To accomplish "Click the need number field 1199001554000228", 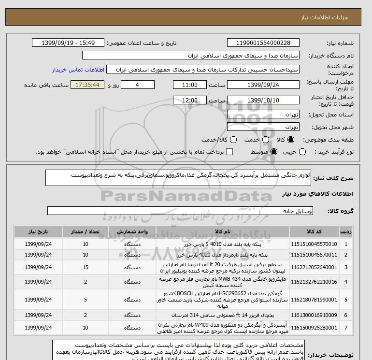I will (263, 43).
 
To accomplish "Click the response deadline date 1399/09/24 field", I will (263, 85).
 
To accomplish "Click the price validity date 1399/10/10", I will (263, 100).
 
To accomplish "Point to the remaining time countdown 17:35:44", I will (87, 85).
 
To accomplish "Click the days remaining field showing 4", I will (138, 85).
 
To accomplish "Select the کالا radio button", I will (291, 140).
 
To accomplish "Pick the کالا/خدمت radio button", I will (233, 140).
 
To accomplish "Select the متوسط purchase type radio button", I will (274, 152).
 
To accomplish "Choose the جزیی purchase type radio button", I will (303, 152).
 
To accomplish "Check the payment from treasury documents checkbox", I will (229, 152).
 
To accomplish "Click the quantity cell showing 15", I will (85, 267).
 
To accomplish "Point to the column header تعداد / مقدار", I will (85, 231).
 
